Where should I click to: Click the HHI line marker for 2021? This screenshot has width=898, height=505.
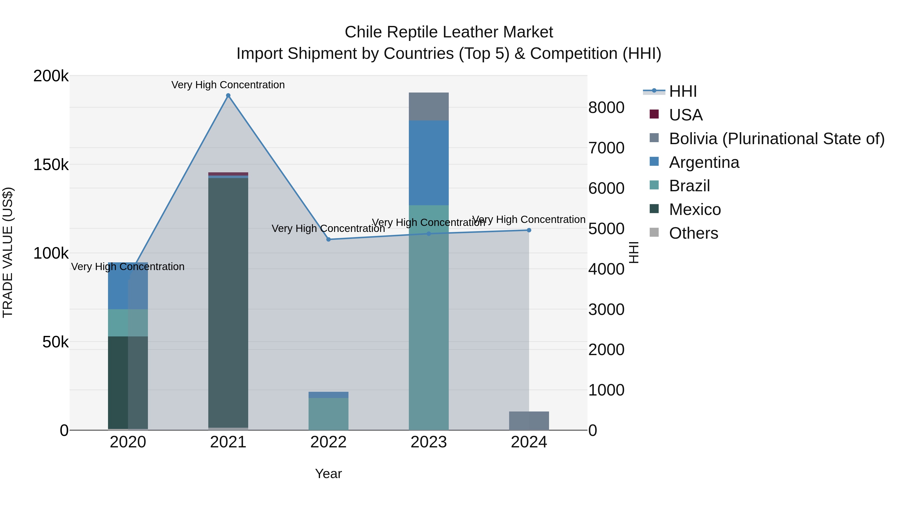pyautogui.click(x=228, y=96)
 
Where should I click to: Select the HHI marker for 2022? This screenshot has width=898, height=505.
pyautogui.click(x=328, y=239)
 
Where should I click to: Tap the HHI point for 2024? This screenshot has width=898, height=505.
pyautogui.click(x=529, y=230)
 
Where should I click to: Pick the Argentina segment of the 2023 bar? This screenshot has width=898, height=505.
pyautogui.click(x=429, y=163)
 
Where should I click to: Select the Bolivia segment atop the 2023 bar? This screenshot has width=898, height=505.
pyautogui.click(x=429, y=107)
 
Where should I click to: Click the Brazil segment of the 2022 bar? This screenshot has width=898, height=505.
pyautogui.click(x=328, y=414)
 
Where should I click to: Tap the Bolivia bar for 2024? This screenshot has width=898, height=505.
pyautogui.click(x=529, y=421)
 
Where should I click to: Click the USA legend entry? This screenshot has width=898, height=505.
pyautogui.click(x=685, y=115)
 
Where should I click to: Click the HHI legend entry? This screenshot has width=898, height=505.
pyautogui.click(x=682, y=91)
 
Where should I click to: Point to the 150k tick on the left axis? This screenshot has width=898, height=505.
pyautogui.click(x=51, y=165)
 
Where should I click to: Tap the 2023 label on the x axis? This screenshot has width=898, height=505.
pyautogui.click(x=429, y=442)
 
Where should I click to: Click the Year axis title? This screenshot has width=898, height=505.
pyautogui.click(x=328, y=474)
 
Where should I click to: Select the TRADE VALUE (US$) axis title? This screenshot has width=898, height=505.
pyautogui.click(x=8, y=252)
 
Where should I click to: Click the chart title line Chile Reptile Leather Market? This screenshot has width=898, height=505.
pyautogui.click(x=449, y=32)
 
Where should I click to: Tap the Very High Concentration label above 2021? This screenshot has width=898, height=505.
pyautogui.click(x=228, y=85)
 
